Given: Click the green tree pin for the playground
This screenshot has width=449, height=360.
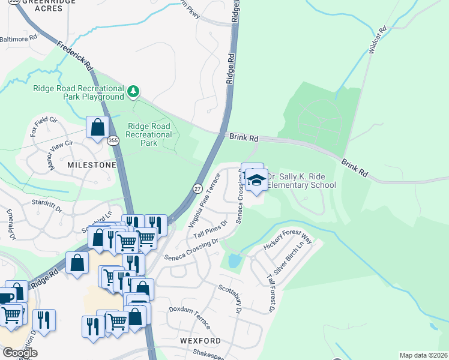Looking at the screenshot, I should pyautogui.click(x=133, y=92).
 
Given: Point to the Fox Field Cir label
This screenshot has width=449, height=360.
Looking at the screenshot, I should pyautogui.click(x=44, y=126).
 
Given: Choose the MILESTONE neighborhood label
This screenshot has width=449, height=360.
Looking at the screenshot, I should pyautogui.click(x=92, y=164).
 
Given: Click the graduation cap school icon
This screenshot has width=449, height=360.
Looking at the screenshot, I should pyautogui.click(x=256, y=180).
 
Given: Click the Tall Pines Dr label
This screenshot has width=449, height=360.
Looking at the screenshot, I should pyautogui.click(x=208, y=230).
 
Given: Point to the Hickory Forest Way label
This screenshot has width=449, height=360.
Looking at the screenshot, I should pyautogui.click(x=288, y=242).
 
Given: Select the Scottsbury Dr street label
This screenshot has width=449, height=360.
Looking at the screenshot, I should pyautogui.click(x=230, y=299).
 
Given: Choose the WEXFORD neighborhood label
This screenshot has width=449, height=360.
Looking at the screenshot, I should pyautogui.click(x=200, y=340).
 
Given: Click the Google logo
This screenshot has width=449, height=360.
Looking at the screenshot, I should pyautogui.click(x=19, y=352).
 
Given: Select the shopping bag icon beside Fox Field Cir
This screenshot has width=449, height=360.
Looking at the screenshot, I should pyautogui.click(x=97, y=127).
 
